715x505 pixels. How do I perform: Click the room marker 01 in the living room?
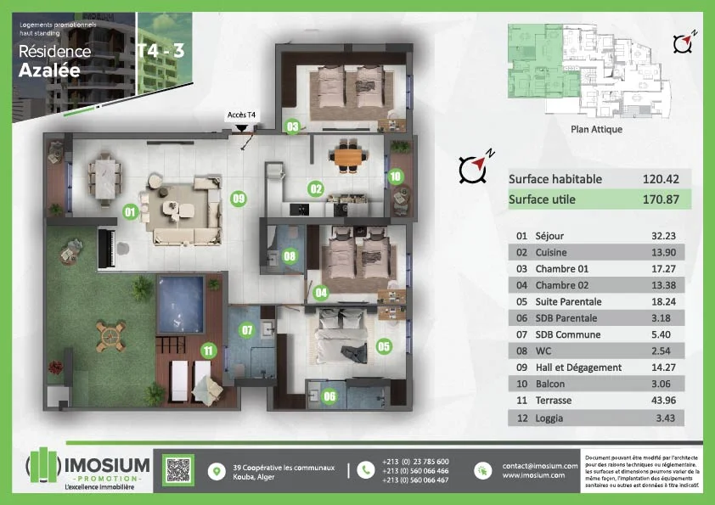point(130,210)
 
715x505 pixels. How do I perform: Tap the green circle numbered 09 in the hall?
point(239,199)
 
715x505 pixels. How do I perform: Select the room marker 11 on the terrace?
point(208,349)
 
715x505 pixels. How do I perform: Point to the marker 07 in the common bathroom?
point(248,330)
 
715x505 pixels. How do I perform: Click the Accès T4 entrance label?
point(242,114)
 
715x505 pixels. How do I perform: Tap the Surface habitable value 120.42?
point(660,179)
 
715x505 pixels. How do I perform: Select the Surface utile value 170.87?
point(660,200)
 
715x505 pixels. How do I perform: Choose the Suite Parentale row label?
point(568,301)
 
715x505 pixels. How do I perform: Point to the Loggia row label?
point(551,418)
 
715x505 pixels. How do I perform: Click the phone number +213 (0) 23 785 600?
point(415,462)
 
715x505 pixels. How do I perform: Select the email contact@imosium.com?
point(540,466)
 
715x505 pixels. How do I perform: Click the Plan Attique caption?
point(596,130)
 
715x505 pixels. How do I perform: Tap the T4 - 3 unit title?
point(160,50)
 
